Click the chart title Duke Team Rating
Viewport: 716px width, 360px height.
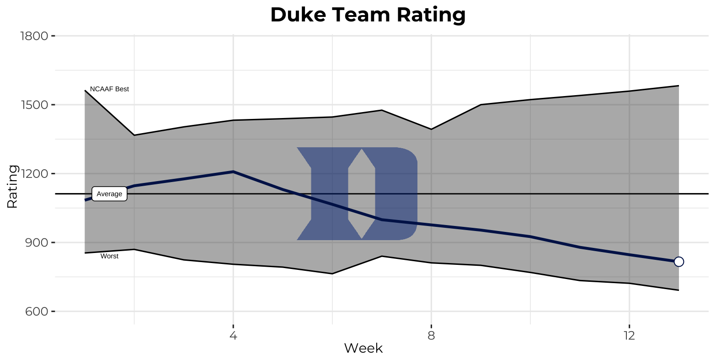tap(368, 15)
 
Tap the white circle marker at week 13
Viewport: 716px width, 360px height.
tap(679, 262)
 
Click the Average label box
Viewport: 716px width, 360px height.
tap(109, 194)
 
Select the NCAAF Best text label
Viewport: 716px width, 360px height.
tap(109, 89)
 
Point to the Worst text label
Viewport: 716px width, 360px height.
tap(109, 256)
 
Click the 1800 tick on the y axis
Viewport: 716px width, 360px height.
tap(35, 36)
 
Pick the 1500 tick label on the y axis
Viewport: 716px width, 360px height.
tap(35, 105)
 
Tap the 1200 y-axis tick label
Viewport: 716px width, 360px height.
tap(35, 174)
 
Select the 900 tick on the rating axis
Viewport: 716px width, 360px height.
tap(37, 242)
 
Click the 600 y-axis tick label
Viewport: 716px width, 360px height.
tap(37, 312)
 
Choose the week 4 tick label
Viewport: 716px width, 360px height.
tap(233, 335)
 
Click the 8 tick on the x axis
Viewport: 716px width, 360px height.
tap(431, 335)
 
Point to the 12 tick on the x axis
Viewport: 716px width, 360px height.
tap(629, 335)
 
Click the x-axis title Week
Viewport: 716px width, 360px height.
tap(363, 349)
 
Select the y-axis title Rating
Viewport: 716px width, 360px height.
tap(12, 187)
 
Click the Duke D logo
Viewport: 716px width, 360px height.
tap(357, 193)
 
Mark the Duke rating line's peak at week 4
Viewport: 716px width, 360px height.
tap(233, 172)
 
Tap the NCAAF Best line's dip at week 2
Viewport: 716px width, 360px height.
tap(134, 135)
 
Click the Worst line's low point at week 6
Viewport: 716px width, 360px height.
tap(332, 274)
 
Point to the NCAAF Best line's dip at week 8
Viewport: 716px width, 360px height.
tap(431, 129)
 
